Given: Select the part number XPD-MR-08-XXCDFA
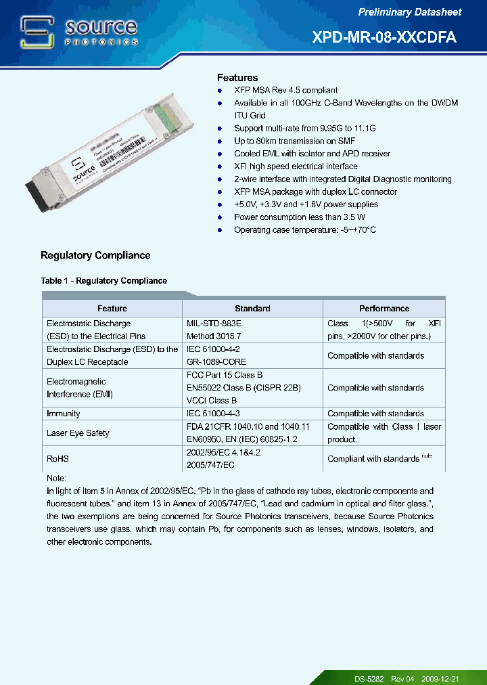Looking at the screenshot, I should [x=384, y=38].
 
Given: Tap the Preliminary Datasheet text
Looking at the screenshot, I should [x=409, y=12].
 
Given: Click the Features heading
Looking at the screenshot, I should [x=237, y=78].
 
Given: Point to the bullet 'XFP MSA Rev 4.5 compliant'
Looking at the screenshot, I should [x=285, y=90].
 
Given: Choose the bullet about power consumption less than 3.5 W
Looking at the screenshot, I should [x=299, y=217].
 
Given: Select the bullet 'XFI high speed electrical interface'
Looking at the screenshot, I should [x=296, y=167].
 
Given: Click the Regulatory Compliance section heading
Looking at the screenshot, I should [x=95, y=255].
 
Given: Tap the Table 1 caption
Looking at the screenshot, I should [x=103, y=281].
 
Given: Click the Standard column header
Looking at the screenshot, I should [x=252, y=309].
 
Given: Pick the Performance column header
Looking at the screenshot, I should [x=384, y=309].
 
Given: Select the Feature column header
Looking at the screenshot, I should [x=112, y=309].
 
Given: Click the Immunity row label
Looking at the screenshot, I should [x=63, y=414].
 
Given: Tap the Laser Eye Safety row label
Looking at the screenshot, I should [x=78, y=433].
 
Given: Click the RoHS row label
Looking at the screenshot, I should [x=57, y=459].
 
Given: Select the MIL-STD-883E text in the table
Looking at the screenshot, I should [x=214, y=324].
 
